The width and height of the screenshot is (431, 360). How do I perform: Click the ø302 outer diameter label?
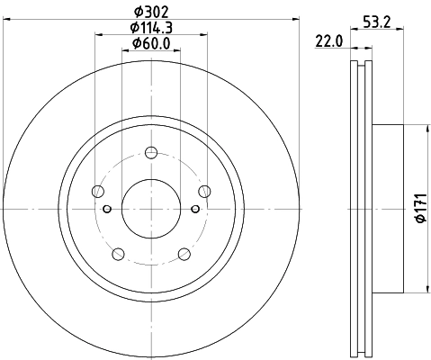(151, 13)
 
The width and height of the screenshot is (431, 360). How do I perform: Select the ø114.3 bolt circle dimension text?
(151, 28)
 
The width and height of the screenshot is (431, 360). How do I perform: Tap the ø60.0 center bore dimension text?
(151, 43)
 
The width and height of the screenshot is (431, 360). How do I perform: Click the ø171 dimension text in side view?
(417, 209)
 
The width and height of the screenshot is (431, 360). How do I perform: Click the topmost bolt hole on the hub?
(151, 151)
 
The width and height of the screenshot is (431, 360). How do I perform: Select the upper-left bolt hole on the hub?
(97, 190)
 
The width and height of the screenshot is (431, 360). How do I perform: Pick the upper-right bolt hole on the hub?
(205, 190)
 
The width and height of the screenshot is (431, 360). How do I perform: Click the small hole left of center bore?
(107, 210)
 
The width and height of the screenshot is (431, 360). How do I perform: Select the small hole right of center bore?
(195, 210)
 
